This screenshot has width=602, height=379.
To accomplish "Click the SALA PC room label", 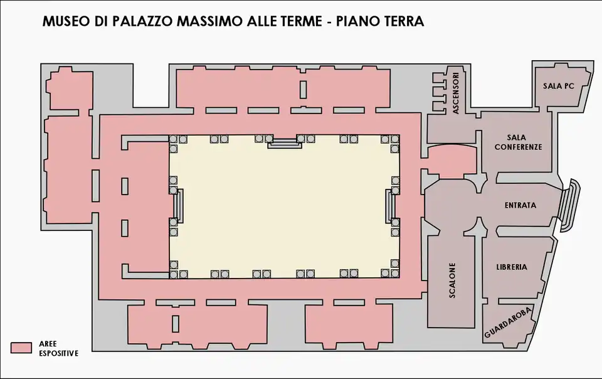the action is (558, 86).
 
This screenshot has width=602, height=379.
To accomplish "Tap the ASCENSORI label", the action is (456, 93).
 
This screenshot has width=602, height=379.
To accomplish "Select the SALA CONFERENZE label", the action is (518, 142).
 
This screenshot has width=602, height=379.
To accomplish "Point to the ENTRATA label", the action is (520, 205).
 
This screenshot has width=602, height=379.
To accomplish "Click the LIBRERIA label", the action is (512, 267).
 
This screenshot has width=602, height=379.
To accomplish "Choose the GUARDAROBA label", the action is (508, 323).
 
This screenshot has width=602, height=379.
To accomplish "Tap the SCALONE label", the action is (452, 280).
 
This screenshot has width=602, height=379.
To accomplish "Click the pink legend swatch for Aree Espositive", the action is (21, 348).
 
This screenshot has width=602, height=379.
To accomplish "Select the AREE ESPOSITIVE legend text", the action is (58, 349).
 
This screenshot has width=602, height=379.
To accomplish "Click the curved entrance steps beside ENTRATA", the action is (570, 205).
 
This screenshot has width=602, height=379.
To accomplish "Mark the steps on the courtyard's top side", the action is (285, 144).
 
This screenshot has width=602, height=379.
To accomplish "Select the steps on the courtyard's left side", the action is (179, 205).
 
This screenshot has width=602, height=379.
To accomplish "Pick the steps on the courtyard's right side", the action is (391, 205).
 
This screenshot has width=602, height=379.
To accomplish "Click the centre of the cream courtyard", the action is (285, 206).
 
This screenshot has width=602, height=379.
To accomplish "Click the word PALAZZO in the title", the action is (142, 21).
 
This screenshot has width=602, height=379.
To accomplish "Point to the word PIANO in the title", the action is (356, 21).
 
